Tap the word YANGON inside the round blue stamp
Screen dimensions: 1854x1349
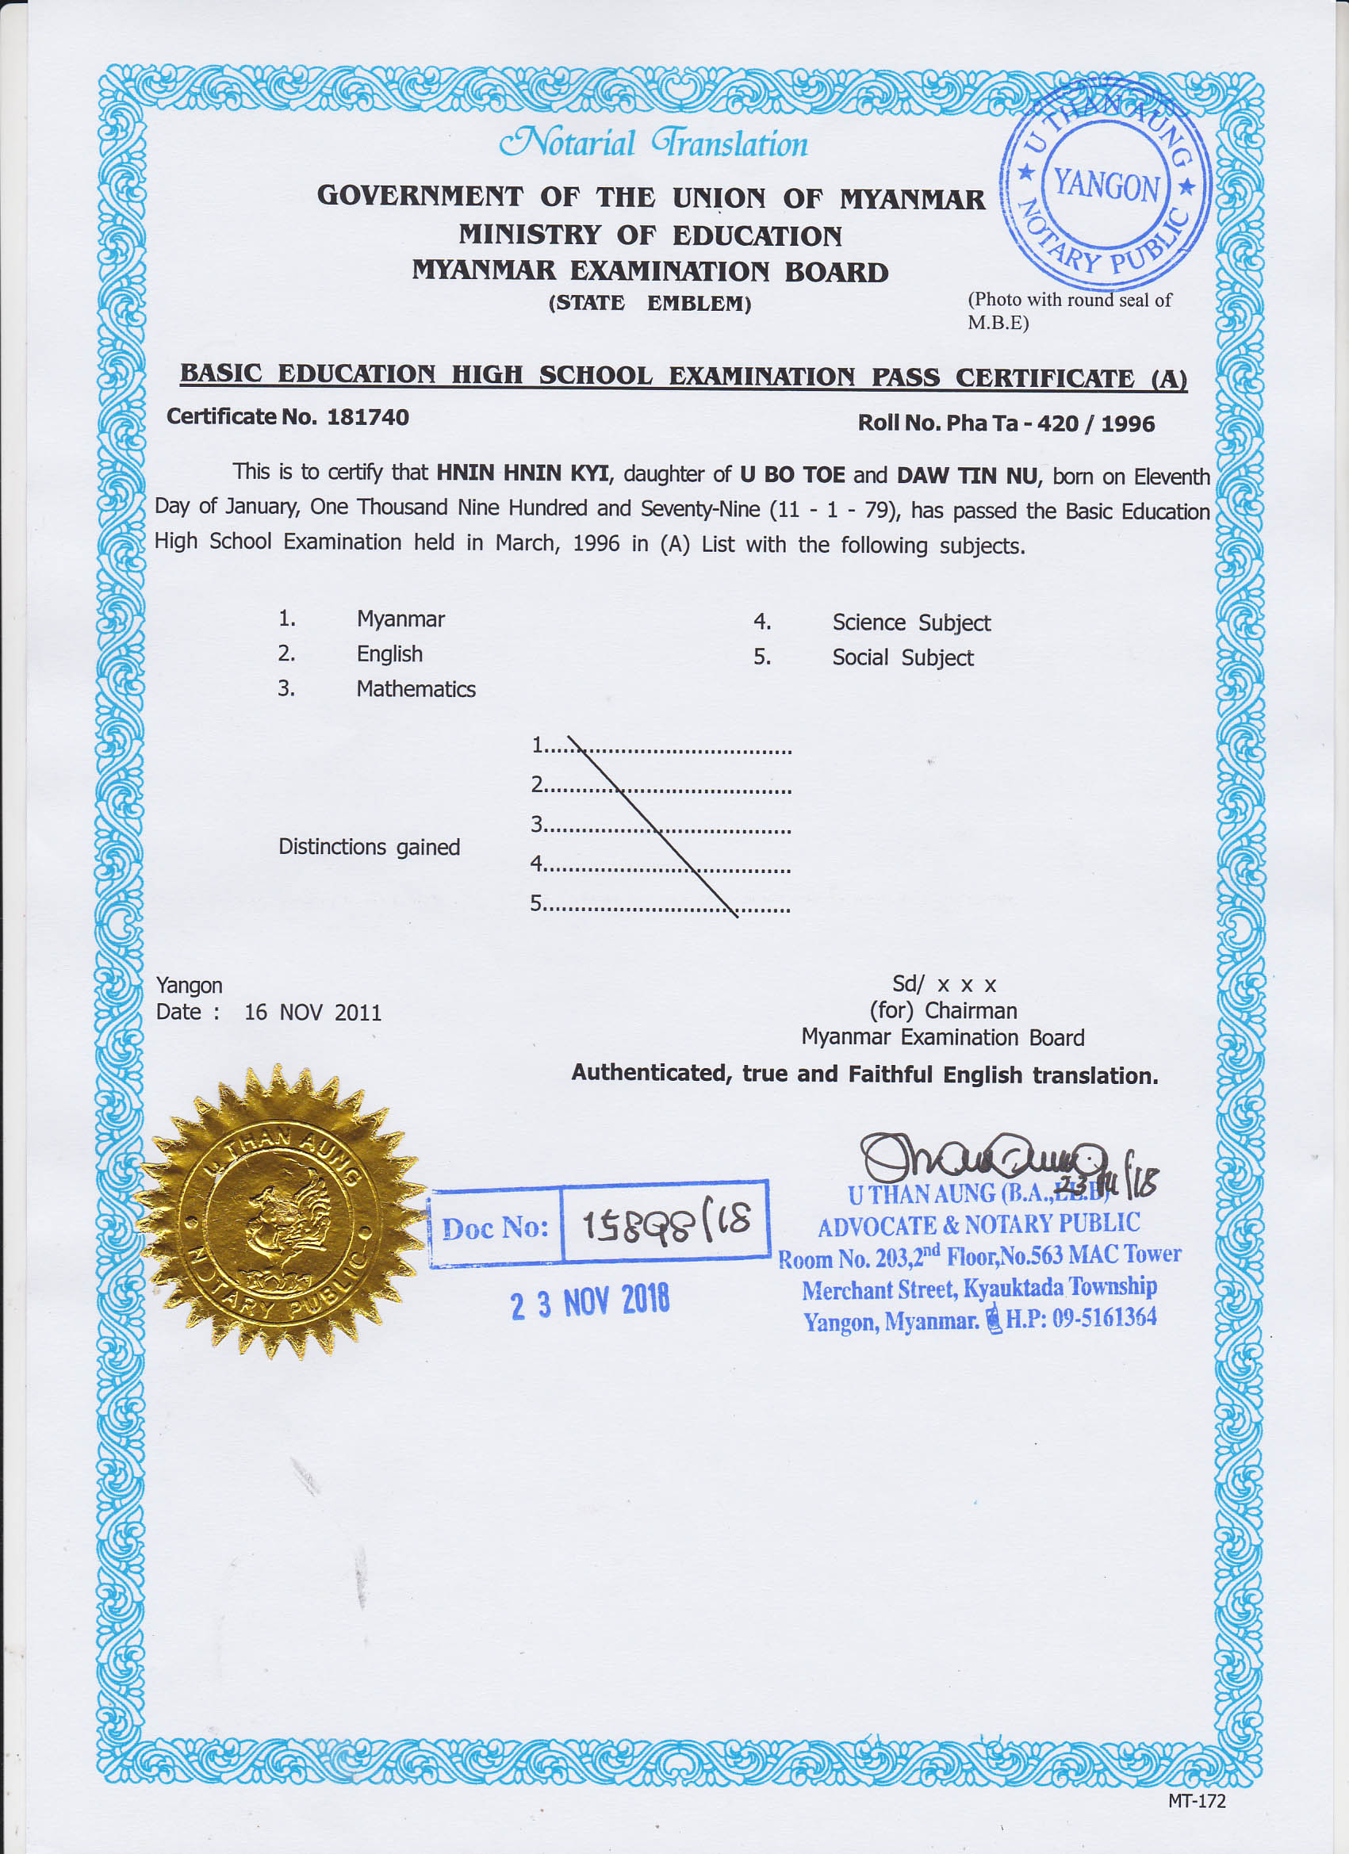tap(1106, 185)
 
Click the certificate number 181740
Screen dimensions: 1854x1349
tap(367, 417)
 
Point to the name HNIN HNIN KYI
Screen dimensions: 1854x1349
tap(523, 473)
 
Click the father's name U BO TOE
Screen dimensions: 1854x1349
tap(792, 475)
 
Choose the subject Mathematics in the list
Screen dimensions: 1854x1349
tap(416, 689)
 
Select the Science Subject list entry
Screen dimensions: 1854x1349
tap(910, 623)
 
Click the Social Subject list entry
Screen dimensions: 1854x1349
tap(903, 658)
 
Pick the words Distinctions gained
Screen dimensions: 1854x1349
tap(369, 847)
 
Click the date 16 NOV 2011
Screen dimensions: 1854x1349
tap(312, 1013)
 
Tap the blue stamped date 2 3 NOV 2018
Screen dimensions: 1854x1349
tap(589, 1301)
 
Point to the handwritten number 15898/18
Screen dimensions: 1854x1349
tap(665, 1224)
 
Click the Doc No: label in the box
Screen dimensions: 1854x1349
tap(495, 1227)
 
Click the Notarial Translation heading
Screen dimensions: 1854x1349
tap(653, 144)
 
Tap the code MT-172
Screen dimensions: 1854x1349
tap(1196, 1801)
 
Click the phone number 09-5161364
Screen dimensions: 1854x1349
tap(1104, 1317)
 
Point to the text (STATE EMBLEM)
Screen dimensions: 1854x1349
tap(650, 303)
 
